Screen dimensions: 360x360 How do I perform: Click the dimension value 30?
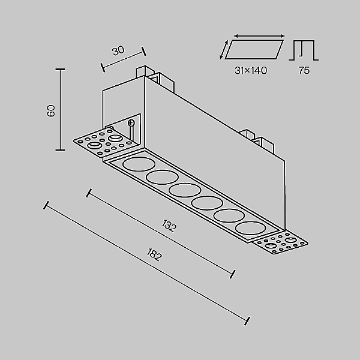118,50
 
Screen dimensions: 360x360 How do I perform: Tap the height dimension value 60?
51,110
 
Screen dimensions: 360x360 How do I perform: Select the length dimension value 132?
169,226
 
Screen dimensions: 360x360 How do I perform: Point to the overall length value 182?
154,254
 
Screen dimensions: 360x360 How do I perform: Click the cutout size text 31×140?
251,70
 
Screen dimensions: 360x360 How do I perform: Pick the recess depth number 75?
304,70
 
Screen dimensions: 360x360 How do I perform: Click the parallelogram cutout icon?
254,50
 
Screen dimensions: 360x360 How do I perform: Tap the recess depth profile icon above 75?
304,50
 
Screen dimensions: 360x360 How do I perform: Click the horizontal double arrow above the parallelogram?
259,36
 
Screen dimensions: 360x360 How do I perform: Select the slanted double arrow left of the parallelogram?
224,49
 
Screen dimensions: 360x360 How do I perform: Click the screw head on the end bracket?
131,123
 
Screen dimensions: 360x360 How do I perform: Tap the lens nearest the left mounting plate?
139,164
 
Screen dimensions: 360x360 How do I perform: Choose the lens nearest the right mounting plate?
250,228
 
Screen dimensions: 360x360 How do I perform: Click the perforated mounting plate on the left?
106,142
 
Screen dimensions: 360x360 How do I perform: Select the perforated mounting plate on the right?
281,244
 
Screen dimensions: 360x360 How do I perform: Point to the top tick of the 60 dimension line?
60,69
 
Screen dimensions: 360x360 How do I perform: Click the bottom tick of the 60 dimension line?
60,150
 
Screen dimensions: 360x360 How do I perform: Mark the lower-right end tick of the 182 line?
247,321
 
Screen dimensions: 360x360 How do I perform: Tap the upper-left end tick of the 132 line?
89,193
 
